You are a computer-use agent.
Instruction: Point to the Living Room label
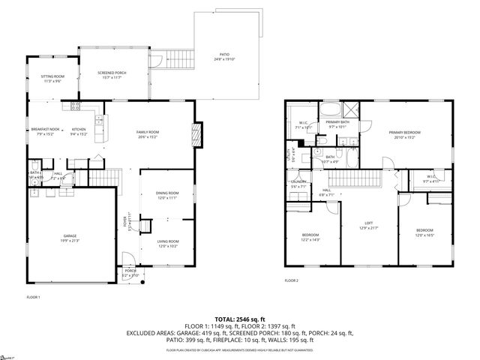(167, 241)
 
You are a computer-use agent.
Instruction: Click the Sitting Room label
(52, 76)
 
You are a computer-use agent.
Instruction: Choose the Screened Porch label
(112, 73)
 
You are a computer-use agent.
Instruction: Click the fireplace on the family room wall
(197, 136)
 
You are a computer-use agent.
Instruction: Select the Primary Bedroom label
(404, 133)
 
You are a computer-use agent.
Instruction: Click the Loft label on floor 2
(369, 224)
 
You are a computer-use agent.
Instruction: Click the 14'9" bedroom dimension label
(310, 239)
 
